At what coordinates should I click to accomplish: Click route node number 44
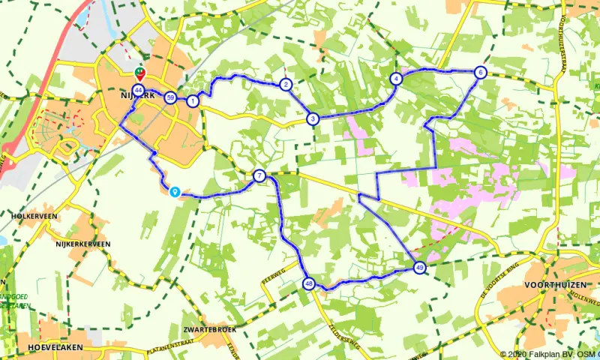138,90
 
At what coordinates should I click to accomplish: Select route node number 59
172,98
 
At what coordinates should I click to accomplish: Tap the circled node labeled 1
193,101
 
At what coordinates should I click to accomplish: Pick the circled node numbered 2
286,85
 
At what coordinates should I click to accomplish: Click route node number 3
313,118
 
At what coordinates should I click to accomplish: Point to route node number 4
396,79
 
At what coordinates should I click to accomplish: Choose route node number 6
480,73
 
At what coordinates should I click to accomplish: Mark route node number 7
259,176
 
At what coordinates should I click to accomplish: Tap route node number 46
309,283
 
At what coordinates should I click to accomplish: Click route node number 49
419,267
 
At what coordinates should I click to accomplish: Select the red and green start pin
139,73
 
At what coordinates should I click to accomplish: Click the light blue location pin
175,192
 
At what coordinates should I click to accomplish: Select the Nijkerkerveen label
82,244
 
